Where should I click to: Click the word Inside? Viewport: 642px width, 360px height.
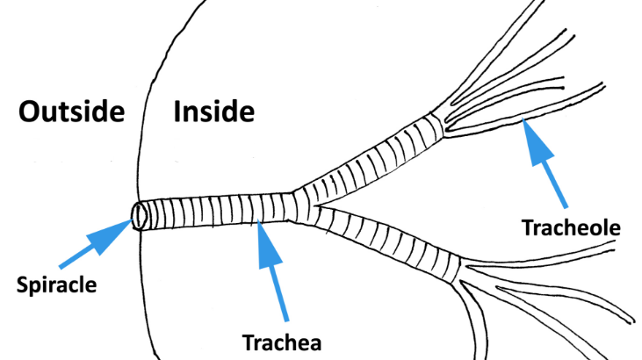click(214, 112)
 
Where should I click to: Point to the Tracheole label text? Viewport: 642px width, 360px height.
click(571, 228)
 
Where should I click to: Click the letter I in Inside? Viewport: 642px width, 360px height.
click(178, 112)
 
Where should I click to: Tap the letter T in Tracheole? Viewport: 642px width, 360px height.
click(527, 228)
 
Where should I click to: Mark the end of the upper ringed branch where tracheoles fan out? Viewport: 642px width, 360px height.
click(439, 122)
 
